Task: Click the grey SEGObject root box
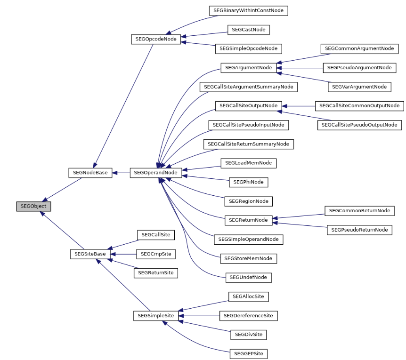click(33, 206)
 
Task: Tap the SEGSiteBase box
click(90, 254)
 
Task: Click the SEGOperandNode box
click(155, 173)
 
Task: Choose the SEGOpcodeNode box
click(155, 39)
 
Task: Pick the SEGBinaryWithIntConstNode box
click(248, 10)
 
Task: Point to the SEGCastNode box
click(248, 30)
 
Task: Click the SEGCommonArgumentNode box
click(359, 48)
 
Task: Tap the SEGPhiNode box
click(248, 182)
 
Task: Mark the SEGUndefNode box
click(248, 277)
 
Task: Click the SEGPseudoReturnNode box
click(359, 230)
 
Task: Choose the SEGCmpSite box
click(156, 254)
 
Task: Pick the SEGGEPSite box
click(248, 353)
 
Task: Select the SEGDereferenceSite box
click(248, 315)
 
